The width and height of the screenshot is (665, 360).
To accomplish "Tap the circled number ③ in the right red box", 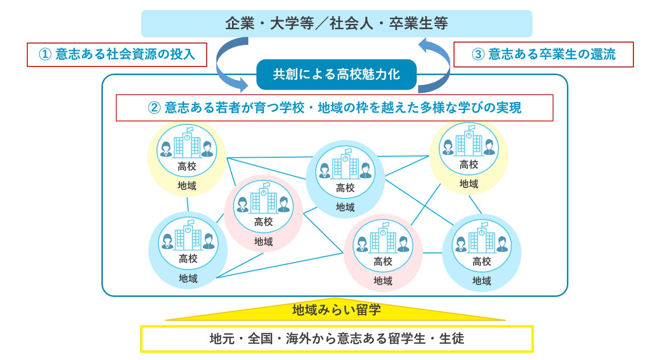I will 478,55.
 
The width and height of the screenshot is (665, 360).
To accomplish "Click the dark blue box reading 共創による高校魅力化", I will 336,75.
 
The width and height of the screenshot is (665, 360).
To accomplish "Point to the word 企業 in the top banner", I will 239,24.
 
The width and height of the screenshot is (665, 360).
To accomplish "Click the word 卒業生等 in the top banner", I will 421,24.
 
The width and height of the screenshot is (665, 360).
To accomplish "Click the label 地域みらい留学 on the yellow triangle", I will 336,310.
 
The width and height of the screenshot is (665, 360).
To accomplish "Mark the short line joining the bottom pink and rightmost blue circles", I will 432,252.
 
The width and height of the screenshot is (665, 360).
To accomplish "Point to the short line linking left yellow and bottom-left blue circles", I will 188,204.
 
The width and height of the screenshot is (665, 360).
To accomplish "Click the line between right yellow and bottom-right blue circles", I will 475,205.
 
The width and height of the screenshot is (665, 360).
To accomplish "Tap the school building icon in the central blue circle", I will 345,165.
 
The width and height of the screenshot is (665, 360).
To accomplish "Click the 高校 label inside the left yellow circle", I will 187,167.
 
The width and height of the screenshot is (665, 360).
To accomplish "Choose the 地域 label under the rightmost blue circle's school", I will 482,281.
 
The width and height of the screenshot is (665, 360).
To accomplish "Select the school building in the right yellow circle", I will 468,142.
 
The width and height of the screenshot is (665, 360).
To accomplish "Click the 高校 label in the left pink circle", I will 264,222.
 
